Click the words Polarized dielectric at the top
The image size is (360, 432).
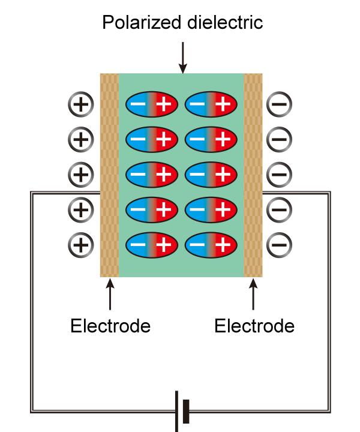pos(182,23)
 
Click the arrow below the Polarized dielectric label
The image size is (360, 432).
pos(182,58)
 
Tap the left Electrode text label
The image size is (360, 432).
pos(110,326)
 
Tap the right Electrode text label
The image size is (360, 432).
pos(254,326)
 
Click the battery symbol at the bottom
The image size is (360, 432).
pos(182,411)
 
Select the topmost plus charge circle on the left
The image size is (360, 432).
pos(81,104)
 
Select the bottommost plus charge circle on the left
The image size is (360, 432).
pos(81,244)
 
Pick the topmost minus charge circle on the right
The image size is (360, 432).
pos(279,104)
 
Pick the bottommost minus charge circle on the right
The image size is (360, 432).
pos(279,244)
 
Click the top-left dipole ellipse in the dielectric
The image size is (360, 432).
pos(151,105)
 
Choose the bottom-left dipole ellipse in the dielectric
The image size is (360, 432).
pos(151,244)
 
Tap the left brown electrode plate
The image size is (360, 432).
pos(109,175)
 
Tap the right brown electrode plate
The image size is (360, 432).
pos(253,175)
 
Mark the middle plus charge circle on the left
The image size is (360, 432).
pos(81,175)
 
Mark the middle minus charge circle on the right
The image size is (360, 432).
pos(279,175)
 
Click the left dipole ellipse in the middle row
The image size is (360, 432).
pos(151,175)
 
